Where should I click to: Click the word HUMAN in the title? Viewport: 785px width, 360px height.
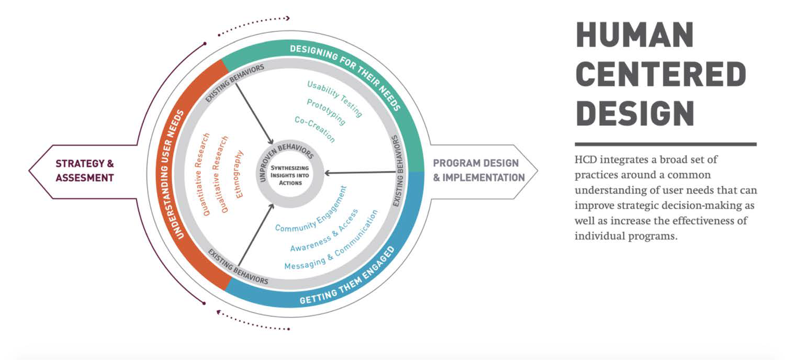click(x=634, y=35)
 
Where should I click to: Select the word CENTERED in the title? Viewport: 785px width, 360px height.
click(x=661, y=74)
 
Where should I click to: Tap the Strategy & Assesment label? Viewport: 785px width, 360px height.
click(x=85, y=171)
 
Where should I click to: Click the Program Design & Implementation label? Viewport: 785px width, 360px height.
click(x=479, y=171)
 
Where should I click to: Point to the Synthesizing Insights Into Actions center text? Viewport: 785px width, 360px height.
click(x=290, y=175)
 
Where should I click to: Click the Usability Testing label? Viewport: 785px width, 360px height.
click(x=335, y=98)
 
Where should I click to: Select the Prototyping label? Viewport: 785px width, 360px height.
click(x=326, y=111)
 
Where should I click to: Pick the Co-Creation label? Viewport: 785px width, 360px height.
click(x=315, y=129)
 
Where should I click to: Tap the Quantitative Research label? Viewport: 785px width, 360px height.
click(x=201, y=174)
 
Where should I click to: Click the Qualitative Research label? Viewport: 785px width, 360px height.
click(x=220, y=174)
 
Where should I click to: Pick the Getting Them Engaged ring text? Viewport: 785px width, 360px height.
click(x=347, y=277)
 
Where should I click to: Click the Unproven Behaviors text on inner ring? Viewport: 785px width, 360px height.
click(x=286, y=160)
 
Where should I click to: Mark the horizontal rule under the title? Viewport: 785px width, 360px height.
click(x=666, y=144)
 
